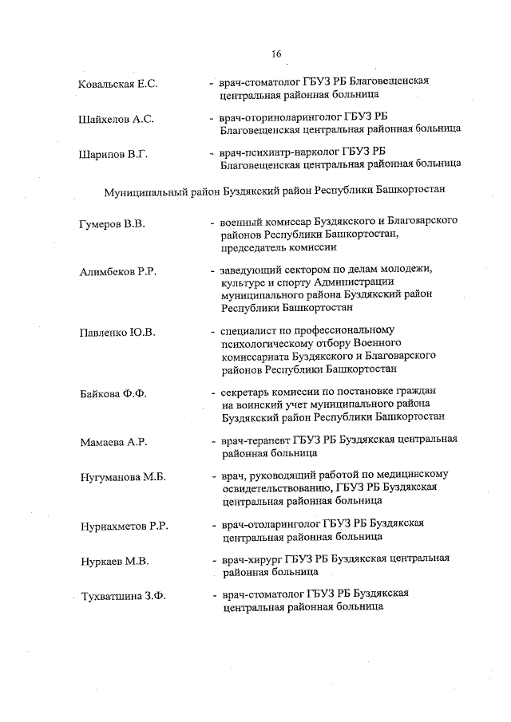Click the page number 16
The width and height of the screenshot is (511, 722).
click(276, 54)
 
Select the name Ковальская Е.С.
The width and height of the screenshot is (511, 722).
click(119, 84)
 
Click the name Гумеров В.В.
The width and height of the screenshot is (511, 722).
click(112, 224)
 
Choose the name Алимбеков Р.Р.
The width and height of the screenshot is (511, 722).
click(117, 272)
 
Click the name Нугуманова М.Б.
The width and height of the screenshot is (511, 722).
click(122, 478)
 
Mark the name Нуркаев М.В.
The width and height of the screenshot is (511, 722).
click(115, 562)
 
